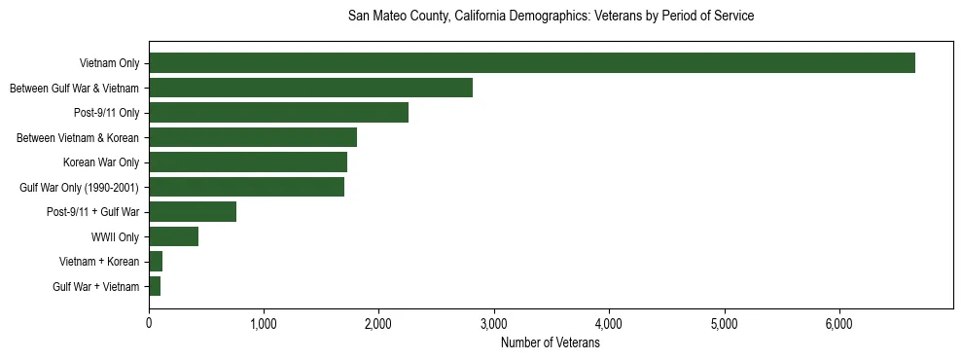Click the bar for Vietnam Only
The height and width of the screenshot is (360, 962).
(531, 63)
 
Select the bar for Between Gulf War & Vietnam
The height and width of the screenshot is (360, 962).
(310, 89)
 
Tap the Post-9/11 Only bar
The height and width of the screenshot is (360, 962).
(278, 113)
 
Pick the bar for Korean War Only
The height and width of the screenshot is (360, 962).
(248, 162)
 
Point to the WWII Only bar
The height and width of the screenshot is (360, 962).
(173, 236)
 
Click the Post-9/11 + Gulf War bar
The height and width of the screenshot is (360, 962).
(193, 212)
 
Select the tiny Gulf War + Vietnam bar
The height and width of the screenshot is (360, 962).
(155, 286)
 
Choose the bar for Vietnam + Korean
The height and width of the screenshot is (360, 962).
(156, 262)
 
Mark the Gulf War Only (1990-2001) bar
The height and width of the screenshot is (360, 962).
(246, 187)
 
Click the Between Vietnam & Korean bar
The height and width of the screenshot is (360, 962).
(253, 137)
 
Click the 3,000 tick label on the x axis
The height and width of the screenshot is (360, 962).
(494, 324)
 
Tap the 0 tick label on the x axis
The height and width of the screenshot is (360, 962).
(149, 324)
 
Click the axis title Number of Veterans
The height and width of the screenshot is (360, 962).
(550, 342)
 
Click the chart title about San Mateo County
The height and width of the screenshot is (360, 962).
(551, 17)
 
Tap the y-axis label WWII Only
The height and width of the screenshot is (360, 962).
(115, 237)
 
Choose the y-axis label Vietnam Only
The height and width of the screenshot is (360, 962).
(109, 64)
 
